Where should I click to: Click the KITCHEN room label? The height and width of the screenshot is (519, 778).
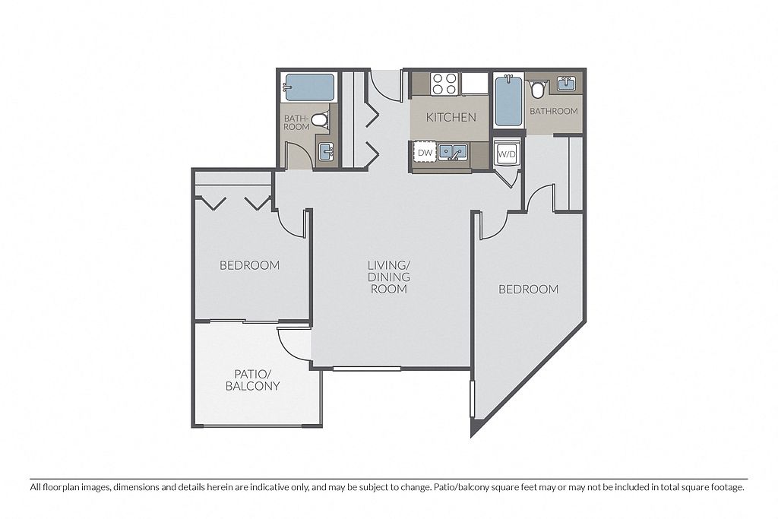(451, 117)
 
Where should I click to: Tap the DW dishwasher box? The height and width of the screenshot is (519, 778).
(425, 153)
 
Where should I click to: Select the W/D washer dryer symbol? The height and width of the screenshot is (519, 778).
(507, 153)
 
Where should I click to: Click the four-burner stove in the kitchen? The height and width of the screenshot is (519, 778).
(444, 84)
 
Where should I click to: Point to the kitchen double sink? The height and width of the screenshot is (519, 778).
(453, 152)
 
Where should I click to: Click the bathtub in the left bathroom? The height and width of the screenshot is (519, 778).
(308, 87)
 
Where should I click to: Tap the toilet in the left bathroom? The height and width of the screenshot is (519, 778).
(321, 119)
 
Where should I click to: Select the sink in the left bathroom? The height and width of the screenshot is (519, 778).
(325, 151)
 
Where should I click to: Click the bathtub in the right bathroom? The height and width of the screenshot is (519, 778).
(508, 101)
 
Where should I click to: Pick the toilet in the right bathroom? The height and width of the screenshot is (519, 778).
(537, 90)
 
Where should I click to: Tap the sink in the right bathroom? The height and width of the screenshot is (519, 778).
(566, 84)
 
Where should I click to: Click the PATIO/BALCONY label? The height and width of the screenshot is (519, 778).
(252, 380)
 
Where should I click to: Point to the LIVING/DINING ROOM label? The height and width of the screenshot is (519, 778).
(389, 277)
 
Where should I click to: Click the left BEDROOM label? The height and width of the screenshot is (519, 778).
(249, 265)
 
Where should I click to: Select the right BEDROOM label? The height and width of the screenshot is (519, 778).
(529, 289)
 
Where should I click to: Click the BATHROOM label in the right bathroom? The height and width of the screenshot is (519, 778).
(554, 111)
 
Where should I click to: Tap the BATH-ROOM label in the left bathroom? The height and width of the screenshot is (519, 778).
(297, 122)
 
